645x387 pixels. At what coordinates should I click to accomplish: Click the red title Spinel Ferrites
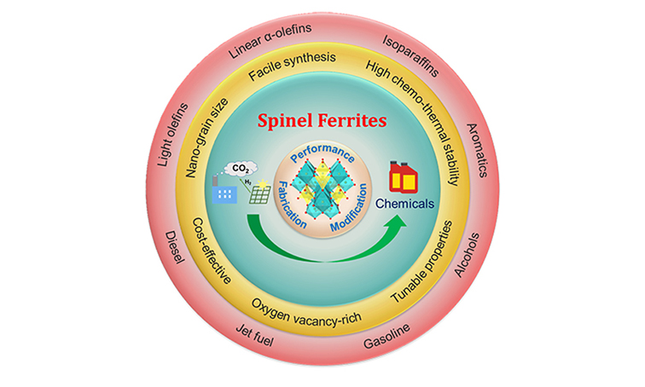(x=323, y=121)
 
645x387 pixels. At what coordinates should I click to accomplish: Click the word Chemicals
(x=408, y=205)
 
